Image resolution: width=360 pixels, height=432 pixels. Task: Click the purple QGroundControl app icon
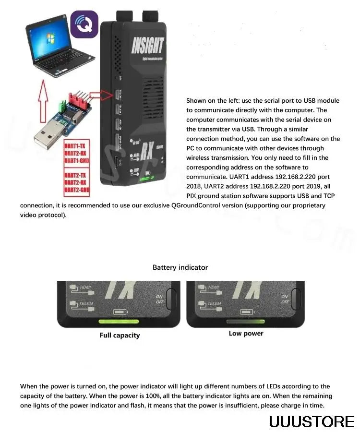point(84,24)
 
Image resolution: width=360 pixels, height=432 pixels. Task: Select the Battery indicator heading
point(180,267)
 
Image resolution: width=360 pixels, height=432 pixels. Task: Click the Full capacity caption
point(120,335)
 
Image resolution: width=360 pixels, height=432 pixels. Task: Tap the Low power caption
point(246,333)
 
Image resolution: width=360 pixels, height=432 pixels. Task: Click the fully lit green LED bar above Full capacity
point(119,322)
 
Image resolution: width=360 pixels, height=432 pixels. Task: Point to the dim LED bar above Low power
point(245,321)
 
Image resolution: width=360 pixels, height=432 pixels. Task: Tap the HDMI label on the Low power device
point(214,288)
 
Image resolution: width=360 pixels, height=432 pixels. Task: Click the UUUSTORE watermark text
point(312,421)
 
